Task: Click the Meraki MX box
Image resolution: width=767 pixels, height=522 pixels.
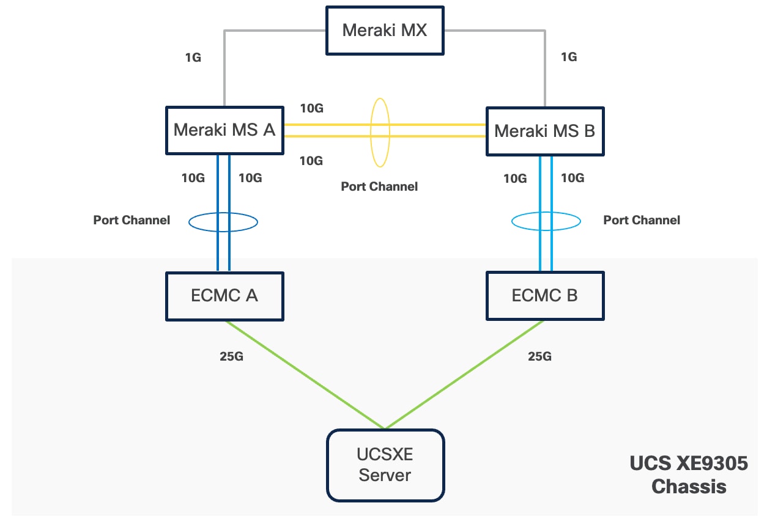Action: [383, 31]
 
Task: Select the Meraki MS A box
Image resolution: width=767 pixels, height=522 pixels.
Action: [224, 130]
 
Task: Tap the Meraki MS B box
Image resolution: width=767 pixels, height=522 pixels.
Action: [544, 131]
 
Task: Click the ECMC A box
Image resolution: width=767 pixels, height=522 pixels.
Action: [224, 296]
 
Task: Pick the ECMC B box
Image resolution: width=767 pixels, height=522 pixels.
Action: [544, 296]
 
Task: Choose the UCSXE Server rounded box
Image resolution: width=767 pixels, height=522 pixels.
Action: [384, 465]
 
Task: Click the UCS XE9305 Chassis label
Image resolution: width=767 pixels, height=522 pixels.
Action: [689, 475]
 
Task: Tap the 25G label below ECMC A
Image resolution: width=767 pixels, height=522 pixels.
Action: [231, 356]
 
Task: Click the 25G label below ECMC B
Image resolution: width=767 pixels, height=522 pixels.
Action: [539, 356]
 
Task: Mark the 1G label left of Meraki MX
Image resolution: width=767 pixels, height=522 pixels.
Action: [193, 57]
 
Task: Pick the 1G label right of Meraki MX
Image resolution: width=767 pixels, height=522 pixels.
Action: [568, 57]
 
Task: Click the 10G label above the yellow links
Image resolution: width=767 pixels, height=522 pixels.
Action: [311, 108]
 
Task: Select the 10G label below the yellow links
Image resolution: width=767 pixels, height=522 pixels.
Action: [311, 161]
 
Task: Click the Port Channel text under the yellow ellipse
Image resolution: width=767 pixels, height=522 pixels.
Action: [379, 186]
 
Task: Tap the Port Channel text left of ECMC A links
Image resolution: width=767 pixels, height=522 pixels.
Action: [132, 220]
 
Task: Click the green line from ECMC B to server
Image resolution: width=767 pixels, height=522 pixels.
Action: [465, 374]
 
